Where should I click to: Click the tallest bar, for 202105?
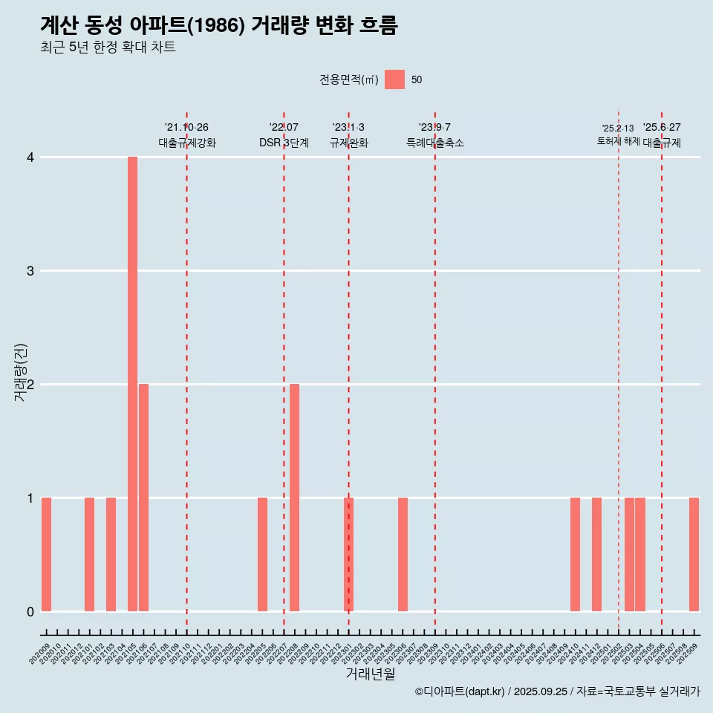132,384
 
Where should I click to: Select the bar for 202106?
143,498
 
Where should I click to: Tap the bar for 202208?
295,498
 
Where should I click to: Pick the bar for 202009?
46,554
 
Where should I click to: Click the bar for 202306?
403,554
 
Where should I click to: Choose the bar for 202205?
262,554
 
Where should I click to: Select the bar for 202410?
575,554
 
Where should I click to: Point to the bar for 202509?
694,554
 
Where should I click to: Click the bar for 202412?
596,554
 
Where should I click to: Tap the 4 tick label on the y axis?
30,157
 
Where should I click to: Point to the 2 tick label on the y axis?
30,385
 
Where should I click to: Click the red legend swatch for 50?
394,79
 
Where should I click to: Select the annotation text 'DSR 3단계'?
284,143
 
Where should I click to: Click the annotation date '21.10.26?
186,127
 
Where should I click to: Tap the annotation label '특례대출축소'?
435,143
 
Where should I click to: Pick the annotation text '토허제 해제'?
619,141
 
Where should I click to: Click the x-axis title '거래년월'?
370,674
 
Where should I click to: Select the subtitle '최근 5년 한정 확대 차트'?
108,48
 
